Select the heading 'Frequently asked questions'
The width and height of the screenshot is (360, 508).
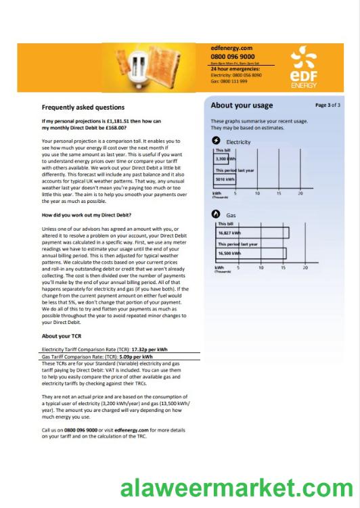tap(83, 107)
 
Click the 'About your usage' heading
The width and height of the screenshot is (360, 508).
tap(242, 106)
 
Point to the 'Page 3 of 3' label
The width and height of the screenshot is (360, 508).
tap(328, 106)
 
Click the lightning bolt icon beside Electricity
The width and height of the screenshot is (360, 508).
tap(216, 141)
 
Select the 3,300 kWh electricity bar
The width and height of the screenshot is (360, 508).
tap(225, 158)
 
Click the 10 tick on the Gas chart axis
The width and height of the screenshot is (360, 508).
tap(260, 267)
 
